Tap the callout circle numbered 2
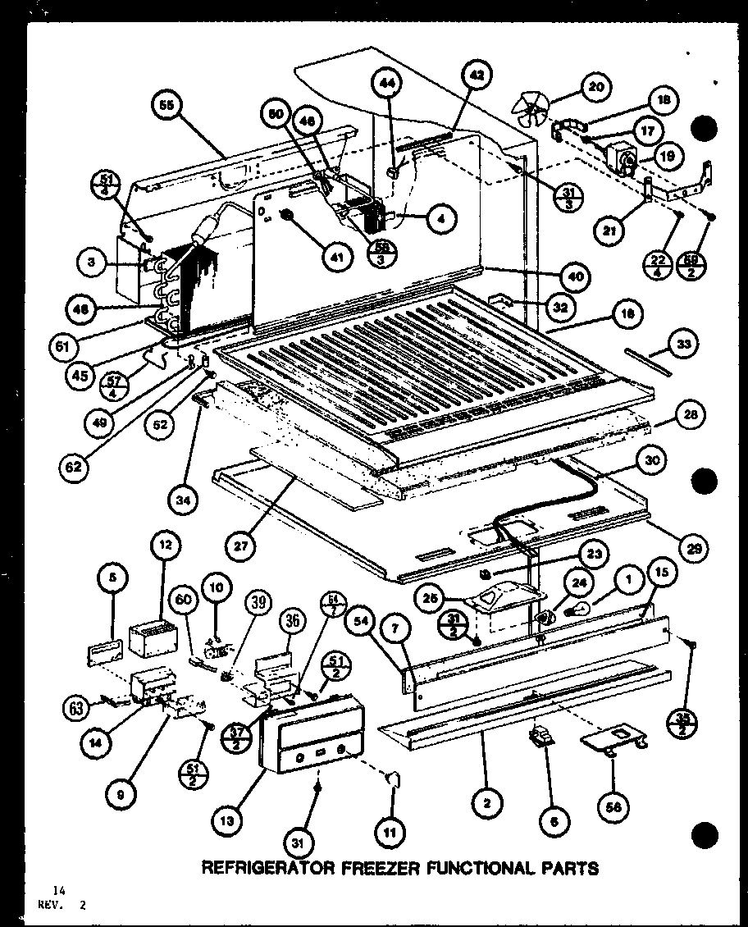pyautogui.click(x=486, y=804)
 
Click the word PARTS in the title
pyautogui.click(x=569, y=867)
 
